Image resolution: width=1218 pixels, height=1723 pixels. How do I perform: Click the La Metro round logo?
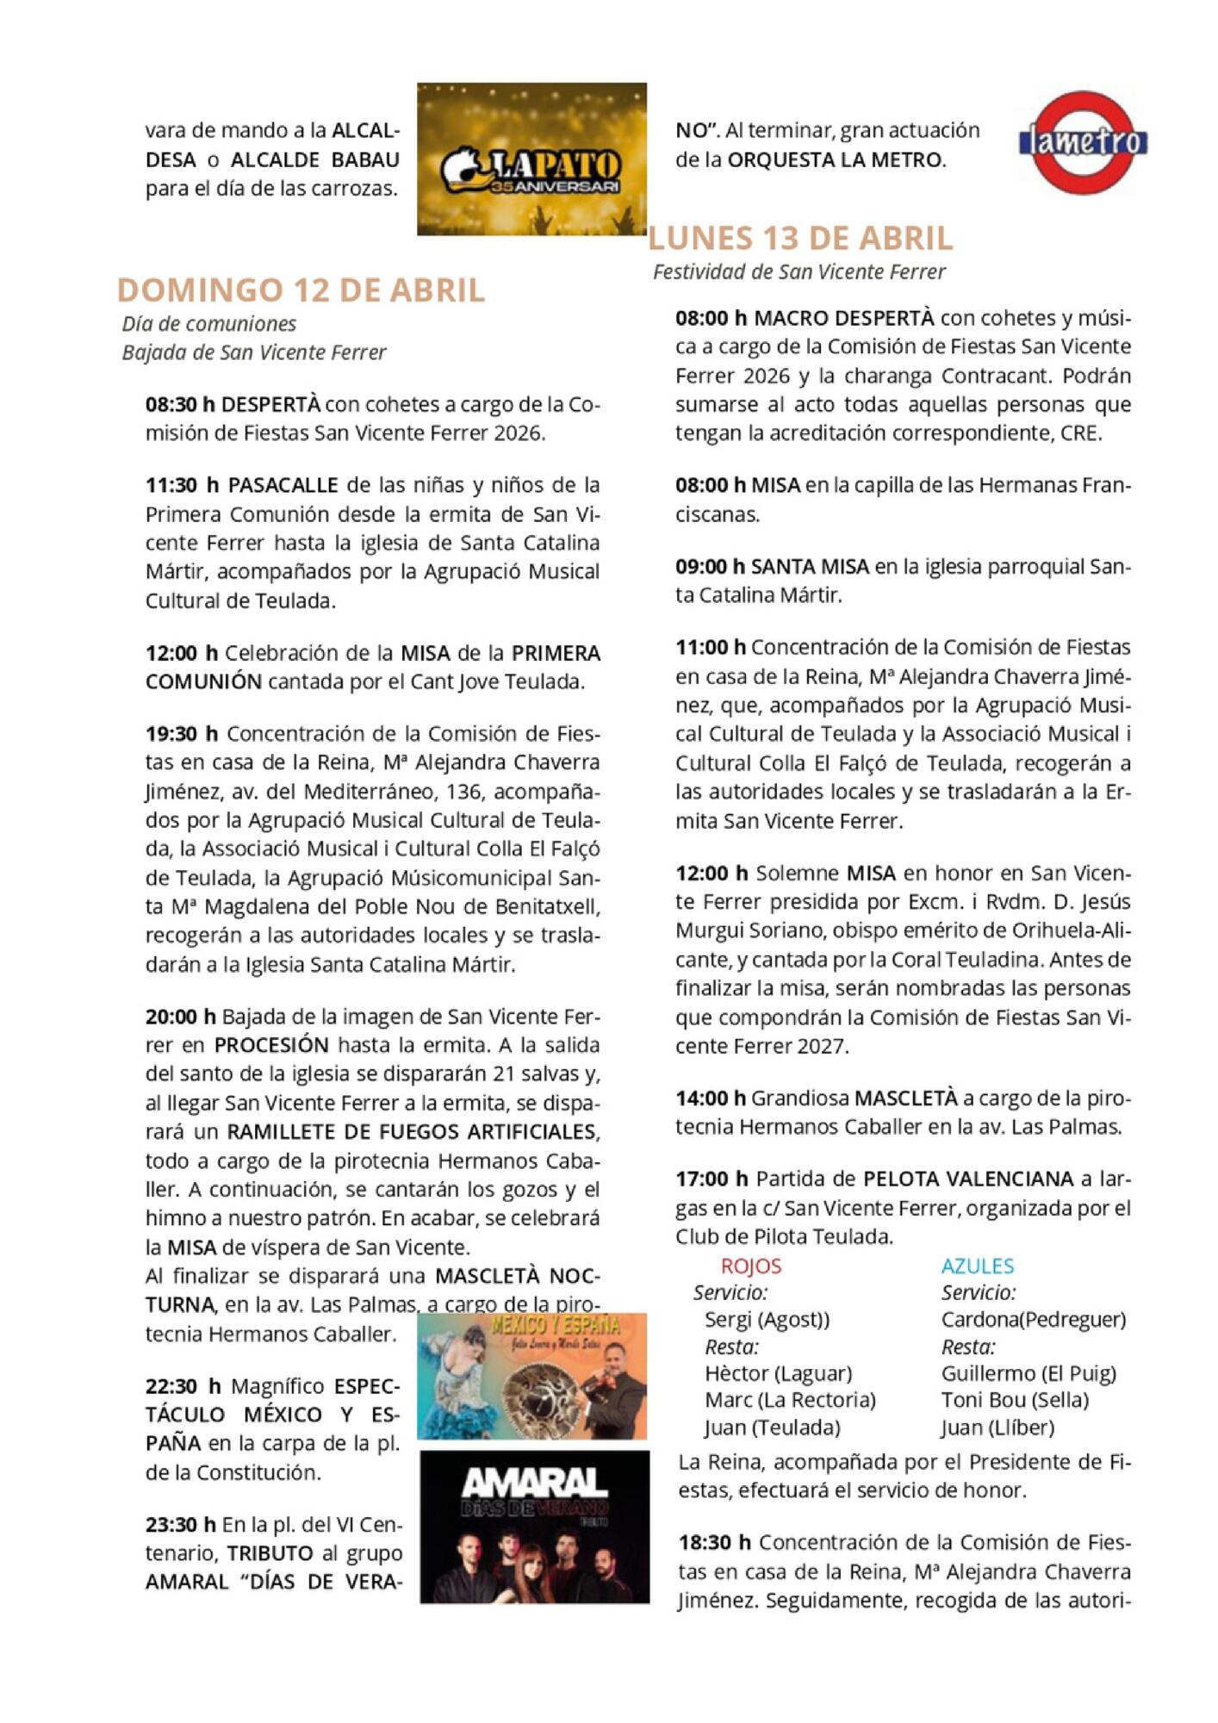pyautogui.click(x=1083, y=142)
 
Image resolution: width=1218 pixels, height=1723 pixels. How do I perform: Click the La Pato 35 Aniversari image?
pyautogui.click(x=531, y=159)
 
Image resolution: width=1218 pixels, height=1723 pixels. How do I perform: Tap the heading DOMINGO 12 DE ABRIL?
pyautogui.click(x=301, y=290)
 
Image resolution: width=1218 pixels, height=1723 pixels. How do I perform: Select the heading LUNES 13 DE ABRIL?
pyautogui.click(x=800, y=238)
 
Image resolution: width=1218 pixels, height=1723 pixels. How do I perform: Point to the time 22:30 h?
pyautogui.click(x=183, y=1386)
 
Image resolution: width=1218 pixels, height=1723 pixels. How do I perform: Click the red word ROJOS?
pyautogui.click(x=751, y=1266)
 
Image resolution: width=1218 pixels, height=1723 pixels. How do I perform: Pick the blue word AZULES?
pyautogui.click(x=977, y=1266)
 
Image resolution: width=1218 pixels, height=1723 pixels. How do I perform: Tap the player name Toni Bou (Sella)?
pyautogui.click(x=1015, y=1400)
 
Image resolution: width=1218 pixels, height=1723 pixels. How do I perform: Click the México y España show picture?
pyautogui.click(x=531, y=1376)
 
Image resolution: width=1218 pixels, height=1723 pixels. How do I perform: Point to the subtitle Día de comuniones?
pyautogui.click(x=209, y=324)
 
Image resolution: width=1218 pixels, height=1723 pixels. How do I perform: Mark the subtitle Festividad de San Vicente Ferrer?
pyautogui.click(x=799, y=272)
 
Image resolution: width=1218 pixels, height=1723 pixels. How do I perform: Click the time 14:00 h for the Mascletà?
pyautogui.click(x=711, y=1098)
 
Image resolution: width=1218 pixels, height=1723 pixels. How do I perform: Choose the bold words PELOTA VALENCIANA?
pyautogui.click(x=968, y=1179)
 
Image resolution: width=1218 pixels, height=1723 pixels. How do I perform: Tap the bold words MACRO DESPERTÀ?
pyautogui.click(x=843, y=318)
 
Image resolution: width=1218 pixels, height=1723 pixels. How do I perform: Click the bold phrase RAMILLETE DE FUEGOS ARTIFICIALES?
pyautogui.click(x=413, y=1132)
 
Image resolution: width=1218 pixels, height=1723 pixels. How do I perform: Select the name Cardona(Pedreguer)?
pyautogui.click(x=1033, y=1320)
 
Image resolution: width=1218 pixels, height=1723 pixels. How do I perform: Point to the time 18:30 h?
pyautogui.click(x=714, y=1542)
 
